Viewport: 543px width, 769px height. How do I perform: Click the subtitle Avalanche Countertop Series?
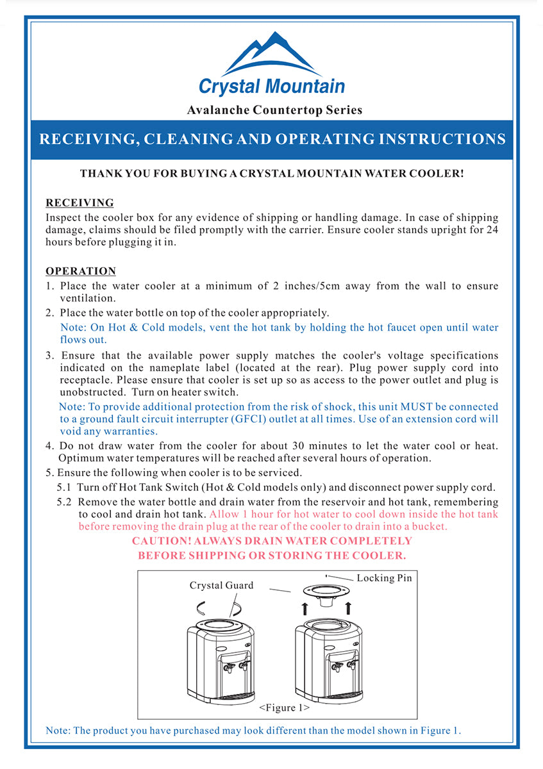pos(274,110)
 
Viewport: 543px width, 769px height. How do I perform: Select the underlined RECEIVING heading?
pos(79,203)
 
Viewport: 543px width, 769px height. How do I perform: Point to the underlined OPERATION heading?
pos(81,271)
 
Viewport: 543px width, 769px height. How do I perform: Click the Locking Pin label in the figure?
pos(384,578)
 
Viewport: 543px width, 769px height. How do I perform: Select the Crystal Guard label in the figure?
pos(221,585)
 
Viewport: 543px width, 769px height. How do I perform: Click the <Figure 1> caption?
pos(285,708)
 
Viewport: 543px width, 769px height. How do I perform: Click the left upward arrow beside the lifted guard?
pos(306,608)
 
